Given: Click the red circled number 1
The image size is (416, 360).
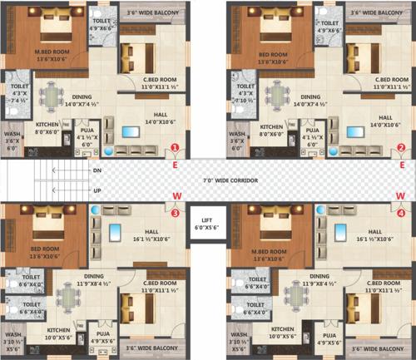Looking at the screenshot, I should (175, 149).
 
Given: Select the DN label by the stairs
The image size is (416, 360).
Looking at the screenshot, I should (97, 170).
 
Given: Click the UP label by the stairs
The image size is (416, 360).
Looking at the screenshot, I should (97, 189).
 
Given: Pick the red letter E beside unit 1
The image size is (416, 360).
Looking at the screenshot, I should (175, 165).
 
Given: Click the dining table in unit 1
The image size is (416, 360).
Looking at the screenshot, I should (55, 92).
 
